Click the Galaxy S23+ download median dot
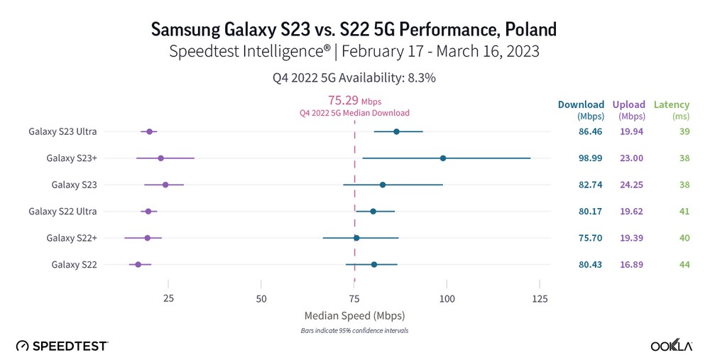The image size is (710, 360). [x=443, y=158]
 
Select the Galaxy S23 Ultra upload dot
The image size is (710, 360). [x=149, y=132]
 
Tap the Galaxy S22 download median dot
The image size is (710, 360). [x=374, y=265]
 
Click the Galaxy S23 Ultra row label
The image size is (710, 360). [x=62, y=131]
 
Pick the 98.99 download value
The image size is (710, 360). [x=590, y=158]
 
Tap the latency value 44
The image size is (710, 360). [x=684, y=265]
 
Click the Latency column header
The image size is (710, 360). [x=671, y=105]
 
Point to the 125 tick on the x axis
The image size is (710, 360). [x=540, y=299]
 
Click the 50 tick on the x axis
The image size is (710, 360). [x=261, y=299]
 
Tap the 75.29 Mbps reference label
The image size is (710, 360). [x=354, y=101]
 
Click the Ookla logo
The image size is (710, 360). [x=672, y=346]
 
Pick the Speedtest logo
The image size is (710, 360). [x=62, y=346]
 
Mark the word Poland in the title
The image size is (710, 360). [x=525, y=30]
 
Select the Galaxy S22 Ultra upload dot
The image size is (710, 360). [x=148, y=212]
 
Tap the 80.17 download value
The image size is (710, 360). [x=590, y=212]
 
